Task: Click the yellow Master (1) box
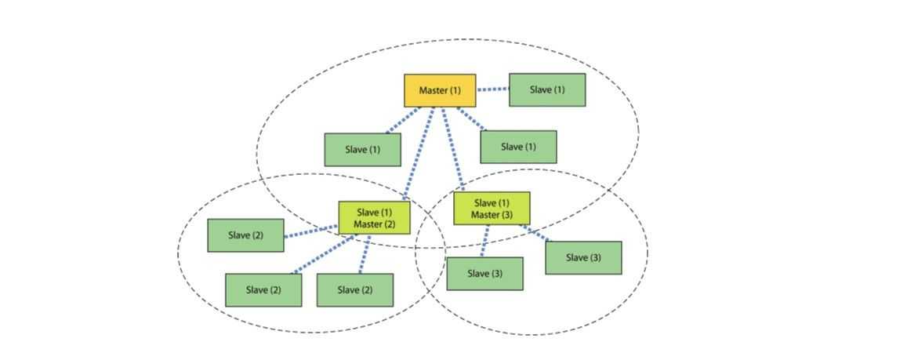[439, 90]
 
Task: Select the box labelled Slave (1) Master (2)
[374, 217]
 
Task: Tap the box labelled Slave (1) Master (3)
[492, 209]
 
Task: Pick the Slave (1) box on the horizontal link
[546, 89]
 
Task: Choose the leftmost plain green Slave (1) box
[362, 149]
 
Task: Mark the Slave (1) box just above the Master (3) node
[518, 147]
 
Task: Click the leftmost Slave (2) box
[245, 235]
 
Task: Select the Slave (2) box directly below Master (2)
[354, 289]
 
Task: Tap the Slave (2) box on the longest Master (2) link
[263, 289]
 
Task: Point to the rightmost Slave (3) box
[583, 257]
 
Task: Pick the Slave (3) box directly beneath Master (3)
[484, 274]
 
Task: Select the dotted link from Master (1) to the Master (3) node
[453, 150]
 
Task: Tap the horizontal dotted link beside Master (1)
[492, 89]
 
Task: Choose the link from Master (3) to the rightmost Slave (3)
[536, 233]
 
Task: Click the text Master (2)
[374, 224]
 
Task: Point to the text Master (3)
[492, 215]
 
